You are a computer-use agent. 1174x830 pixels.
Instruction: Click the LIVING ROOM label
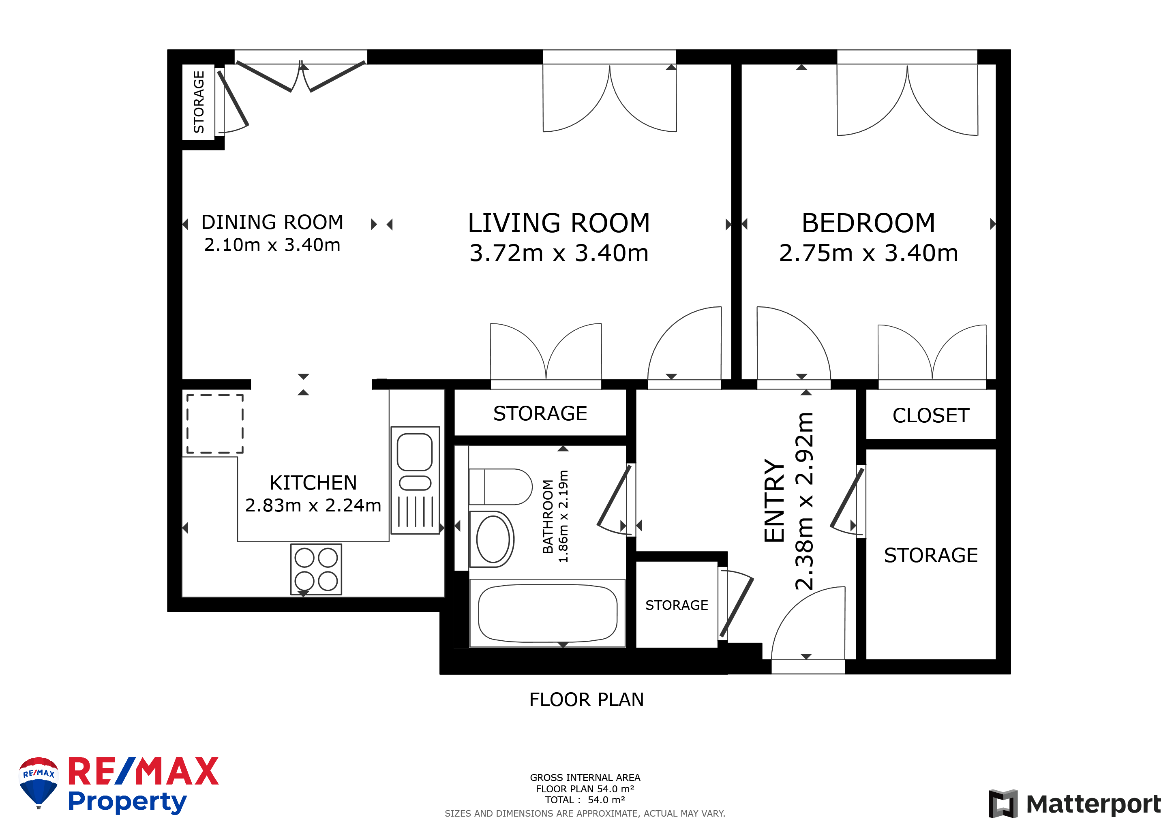click(x=559, y=223)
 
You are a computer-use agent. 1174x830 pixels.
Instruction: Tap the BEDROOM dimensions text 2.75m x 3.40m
click(x=869, y=253)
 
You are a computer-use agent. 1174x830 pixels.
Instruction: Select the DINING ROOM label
click(x=272, y=222)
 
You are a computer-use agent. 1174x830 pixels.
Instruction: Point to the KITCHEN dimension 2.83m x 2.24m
click(x=313, y=505)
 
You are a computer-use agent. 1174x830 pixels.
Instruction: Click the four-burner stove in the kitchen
click(x=316, y=569)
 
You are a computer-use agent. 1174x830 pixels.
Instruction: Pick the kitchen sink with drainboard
click(x=415, y=480)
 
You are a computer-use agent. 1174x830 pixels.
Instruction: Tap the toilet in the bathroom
click(x=501, y=487)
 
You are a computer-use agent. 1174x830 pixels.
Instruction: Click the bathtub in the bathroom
click(x=547, y=613)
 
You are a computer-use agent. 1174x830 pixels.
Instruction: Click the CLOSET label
click(x=931, y=415)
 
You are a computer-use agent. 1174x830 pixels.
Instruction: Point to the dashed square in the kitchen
click(x=215, y=424)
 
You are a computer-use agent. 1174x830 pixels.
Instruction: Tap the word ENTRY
click(x=774, y=500)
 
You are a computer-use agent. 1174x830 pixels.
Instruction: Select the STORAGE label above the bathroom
click(x=540, y=413)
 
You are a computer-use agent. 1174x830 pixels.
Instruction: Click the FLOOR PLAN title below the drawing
click(x=587, y=700)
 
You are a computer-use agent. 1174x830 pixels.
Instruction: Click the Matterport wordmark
click(x=1093, y=804)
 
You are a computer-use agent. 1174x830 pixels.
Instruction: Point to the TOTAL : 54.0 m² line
click(x=585, y=800)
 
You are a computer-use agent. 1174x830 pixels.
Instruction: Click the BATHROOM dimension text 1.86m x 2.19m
click(x=563, y=516)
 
